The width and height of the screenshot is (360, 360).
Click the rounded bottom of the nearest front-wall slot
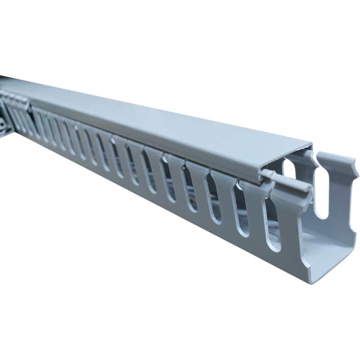(274, 245)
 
